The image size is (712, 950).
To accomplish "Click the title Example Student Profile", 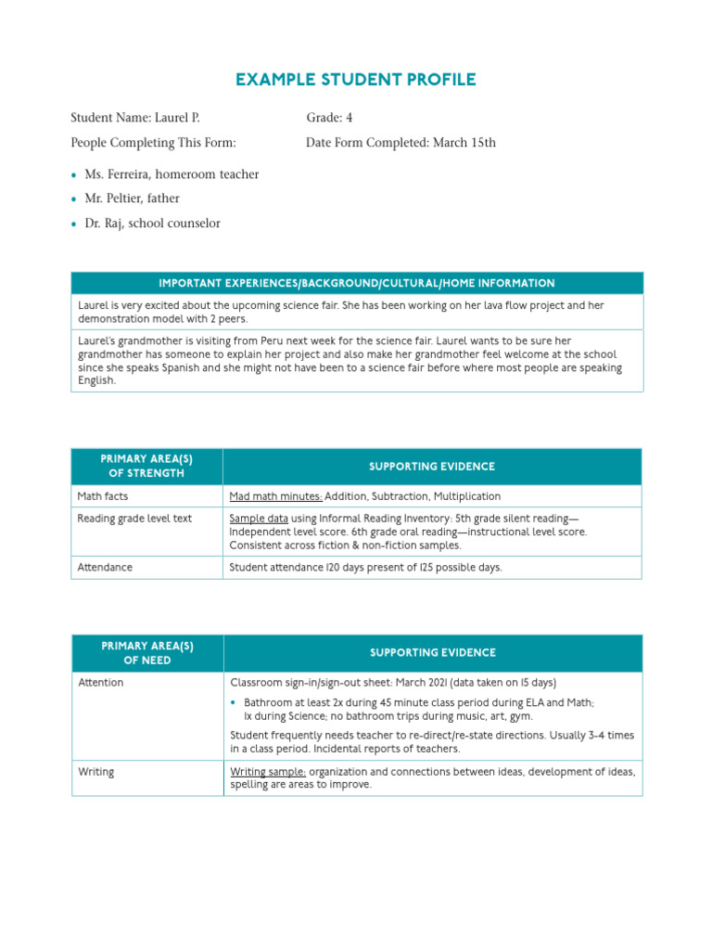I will pos(356,80).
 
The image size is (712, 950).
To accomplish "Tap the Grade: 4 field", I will pos(329,118).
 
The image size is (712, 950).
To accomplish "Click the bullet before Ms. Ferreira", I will pos(74,175).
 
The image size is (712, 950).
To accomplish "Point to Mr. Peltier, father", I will pos(132,199).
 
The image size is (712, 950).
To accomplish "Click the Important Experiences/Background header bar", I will pos(357,284).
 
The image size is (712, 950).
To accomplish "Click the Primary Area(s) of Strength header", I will pos(147,467).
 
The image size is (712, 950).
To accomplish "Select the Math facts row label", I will pos(103,496).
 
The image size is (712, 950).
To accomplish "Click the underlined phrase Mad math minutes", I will pos(275,496).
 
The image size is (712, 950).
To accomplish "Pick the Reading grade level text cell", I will pos(134,519).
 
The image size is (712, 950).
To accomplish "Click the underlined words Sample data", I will pos(260,519).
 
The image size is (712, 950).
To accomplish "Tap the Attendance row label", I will pos(105,567).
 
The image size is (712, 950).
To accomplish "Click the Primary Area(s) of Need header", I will pos(147,653).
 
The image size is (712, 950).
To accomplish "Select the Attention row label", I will pos(101,683).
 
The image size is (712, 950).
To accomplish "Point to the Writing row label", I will pos(96,772).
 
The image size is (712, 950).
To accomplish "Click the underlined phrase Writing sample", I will pos(268,772).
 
